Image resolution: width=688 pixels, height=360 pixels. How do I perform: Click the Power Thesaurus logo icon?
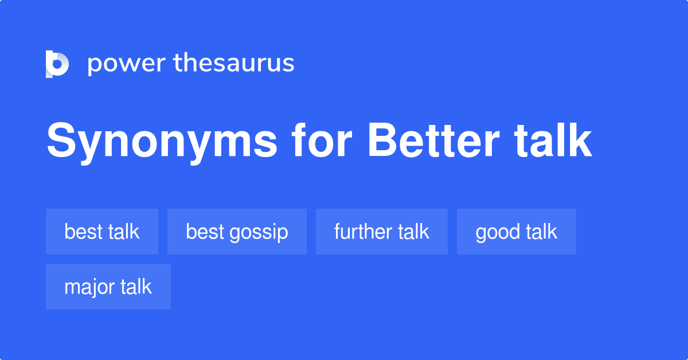(57, 64)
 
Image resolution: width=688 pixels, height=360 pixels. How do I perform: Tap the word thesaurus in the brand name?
(234, 64)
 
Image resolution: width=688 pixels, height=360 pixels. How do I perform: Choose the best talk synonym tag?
(102, 232)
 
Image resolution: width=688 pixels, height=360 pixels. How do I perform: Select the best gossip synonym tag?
(237, 232)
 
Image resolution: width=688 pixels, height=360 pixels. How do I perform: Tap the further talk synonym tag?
(382, 232)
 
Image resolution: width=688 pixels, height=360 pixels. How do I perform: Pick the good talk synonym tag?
(516, 232)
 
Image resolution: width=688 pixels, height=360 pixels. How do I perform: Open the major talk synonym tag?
(108, 287)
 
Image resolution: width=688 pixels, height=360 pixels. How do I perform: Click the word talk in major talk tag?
(136, 287)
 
